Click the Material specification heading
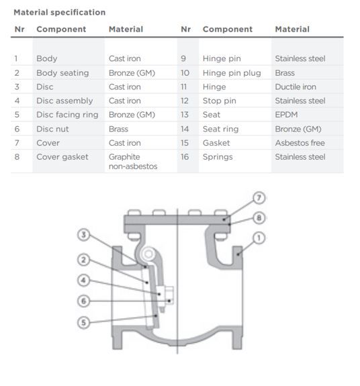click(60, 12)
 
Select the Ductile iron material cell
click(296, 87)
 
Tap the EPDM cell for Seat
click(286, 115)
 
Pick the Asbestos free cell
click(300, 143)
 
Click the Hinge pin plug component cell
click(232, 73)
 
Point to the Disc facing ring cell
click(67, 115)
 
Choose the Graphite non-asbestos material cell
click(133, 162)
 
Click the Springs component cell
click(218, 157)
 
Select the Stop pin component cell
click(220, 101)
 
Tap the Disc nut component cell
click(52, 129)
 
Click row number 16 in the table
click(185, 157)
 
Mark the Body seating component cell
click(62, 73)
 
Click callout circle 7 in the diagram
click(259, 198)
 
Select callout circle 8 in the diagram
click(259, 218)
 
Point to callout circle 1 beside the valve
click(259, 238)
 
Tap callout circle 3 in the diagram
click(83, 234)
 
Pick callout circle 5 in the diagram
click(83, 322)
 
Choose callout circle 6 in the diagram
click(83, 301)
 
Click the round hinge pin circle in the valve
click(148, 254)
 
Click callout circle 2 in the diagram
click(83, 260)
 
